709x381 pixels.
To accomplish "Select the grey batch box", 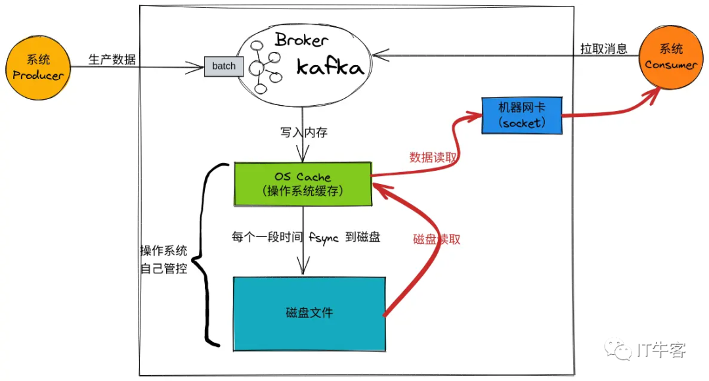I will (223, 66).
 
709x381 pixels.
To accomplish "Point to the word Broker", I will (301, 41).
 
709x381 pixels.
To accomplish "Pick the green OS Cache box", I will (303, 184).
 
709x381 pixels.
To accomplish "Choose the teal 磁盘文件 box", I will (309, 313).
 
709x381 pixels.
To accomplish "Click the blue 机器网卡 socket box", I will (521, 115).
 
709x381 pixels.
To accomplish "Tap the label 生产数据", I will (112, 59).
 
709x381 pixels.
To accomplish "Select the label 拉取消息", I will (604, 49).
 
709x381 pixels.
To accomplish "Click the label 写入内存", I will (303, 133).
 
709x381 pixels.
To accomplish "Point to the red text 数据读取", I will (434, 158).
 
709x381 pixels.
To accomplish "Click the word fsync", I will (323, 238).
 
